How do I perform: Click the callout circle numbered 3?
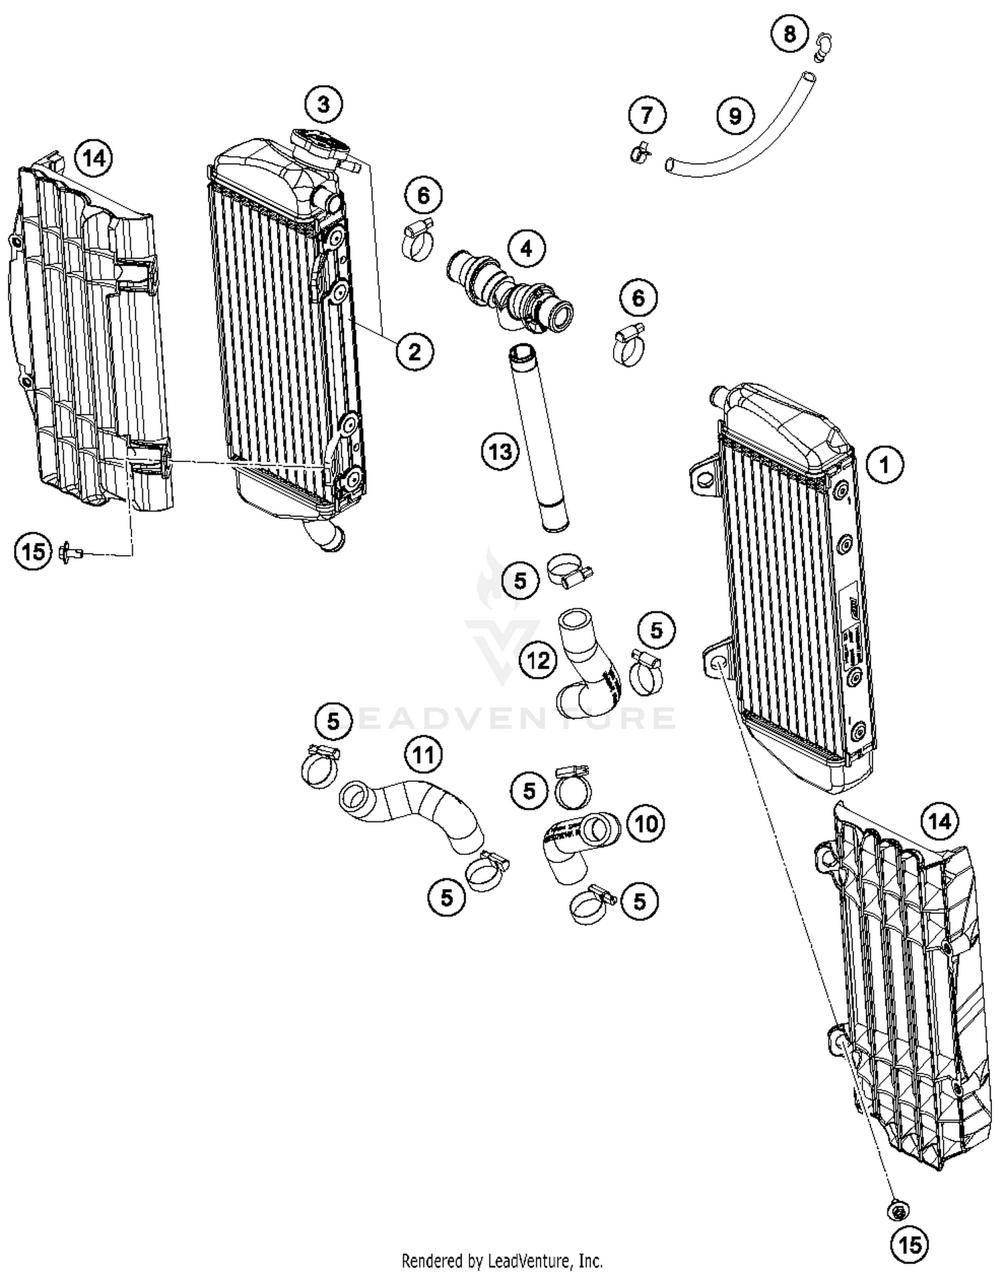click(323, 105)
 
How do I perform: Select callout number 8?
click(789, 33)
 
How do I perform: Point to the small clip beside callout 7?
click(640, 153)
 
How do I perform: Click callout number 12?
click(538, 660)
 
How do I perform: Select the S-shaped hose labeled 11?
click(412, 815)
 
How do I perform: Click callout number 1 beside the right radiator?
click(884, 464)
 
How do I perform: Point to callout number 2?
click(414, 351)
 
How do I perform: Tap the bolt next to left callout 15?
click(70, 553)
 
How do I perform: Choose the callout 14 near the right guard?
click(939, 821)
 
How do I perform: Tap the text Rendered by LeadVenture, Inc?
click(502, 1261)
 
